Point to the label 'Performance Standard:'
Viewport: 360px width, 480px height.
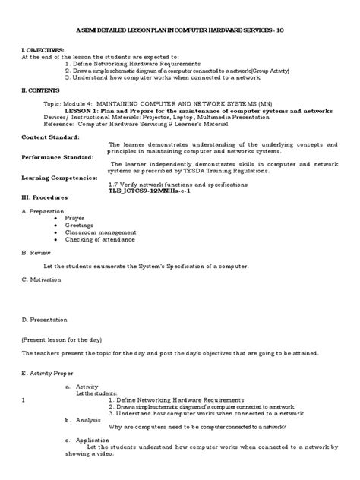(x=58, y=156)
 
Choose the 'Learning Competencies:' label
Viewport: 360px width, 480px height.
(x=59, y=177)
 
